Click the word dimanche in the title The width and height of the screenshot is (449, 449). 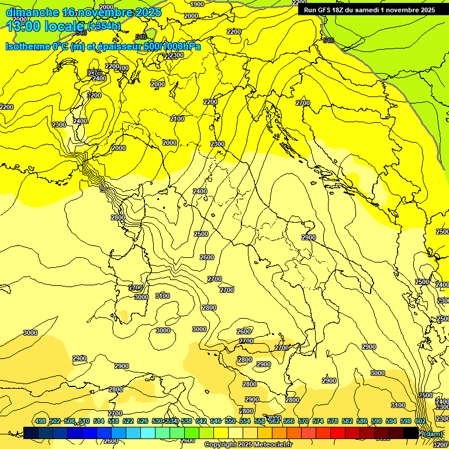pyautogui.click(x=32, y=12)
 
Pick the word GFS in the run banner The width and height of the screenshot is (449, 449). pyautogui.click(x=324, y=10)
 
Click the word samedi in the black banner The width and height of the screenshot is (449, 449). pyautogui.click(x=365, y=10)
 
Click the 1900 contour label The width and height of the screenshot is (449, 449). pyautogui.click(x=198, y=4)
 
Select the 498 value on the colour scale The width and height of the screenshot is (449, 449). pyautogui.click(x=40, y=422)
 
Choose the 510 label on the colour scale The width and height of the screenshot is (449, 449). pyautogui.click(x=84, y=422)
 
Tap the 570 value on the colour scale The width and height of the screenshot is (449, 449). pyautogui.click(x=303, y=422)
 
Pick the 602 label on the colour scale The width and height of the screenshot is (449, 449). pyautogui.click(x=420, y=422)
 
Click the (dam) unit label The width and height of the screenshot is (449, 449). pyautogui.click(x=433, y=433)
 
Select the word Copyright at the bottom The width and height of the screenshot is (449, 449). pyautogui.click(x=223, y=445)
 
